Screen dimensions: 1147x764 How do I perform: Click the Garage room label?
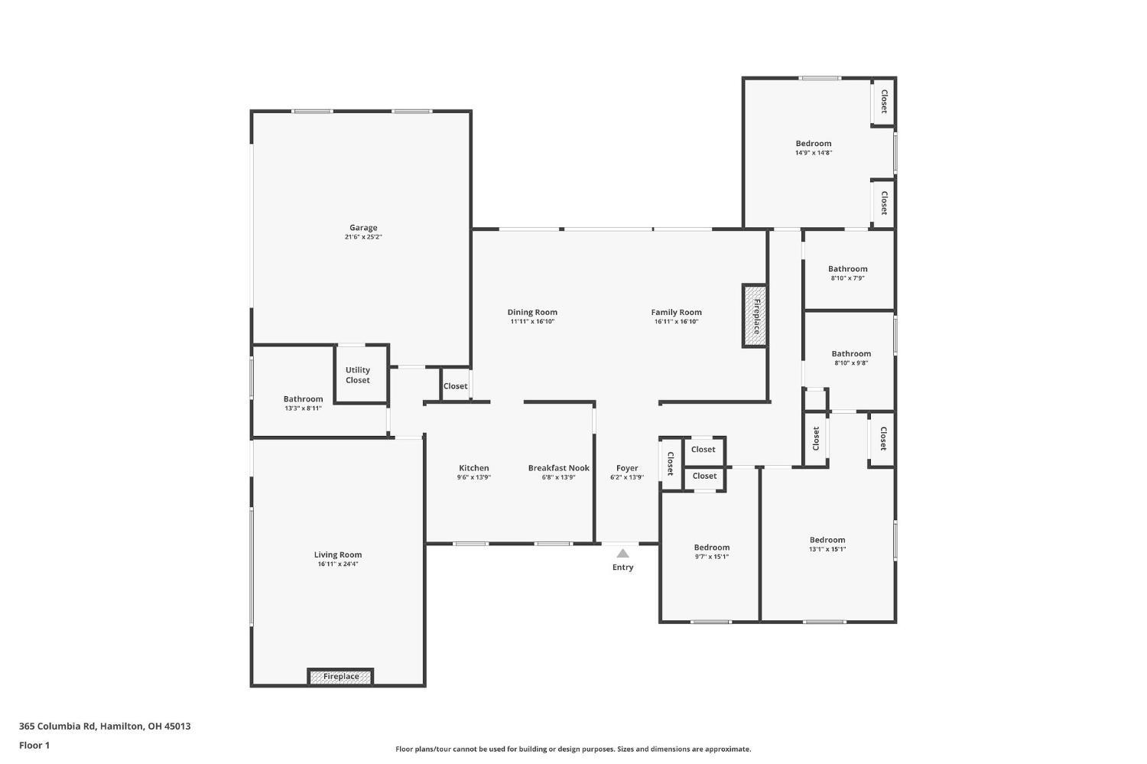tap(363, 227)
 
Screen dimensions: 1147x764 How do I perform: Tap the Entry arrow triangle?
tap(622, 554)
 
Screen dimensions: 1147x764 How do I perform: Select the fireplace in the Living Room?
tap(340, 677)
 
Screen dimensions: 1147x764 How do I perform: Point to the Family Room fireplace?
tap(755, 316)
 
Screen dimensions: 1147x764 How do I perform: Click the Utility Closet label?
tap(357, 375)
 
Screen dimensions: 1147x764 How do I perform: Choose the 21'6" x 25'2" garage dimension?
tap(363, 237)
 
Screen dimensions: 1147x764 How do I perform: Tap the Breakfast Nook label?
tap(559, 468)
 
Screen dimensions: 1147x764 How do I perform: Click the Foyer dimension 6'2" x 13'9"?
tap(627, 477)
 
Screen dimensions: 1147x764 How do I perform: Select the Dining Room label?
tap(532, 312)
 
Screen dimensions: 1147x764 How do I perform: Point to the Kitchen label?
tap(473, 468)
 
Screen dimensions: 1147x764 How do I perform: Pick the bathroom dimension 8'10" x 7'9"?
tap(847, 278)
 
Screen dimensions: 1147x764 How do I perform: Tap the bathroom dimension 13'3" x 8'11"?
tap(303, 408)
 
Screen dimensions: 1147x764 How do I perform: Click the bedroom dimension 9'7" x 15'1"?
tap(712, 557)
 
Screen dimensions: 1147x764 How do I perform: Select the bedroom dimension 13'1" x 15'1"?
tap(827, 549)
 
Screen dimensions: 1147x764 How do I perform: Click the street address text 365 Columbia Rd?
tap(57, 726)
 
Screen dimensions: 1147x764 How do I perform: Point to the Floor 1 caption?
tap(34, 746)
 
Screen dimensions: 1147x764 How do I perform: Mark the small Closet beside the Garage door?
tap(455, 386)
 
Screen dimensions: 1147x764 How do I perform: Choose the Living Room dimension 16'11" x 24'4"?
tap(337, 564)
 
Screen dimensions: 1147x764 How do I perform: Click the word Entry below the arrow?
tap(622, 567)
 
